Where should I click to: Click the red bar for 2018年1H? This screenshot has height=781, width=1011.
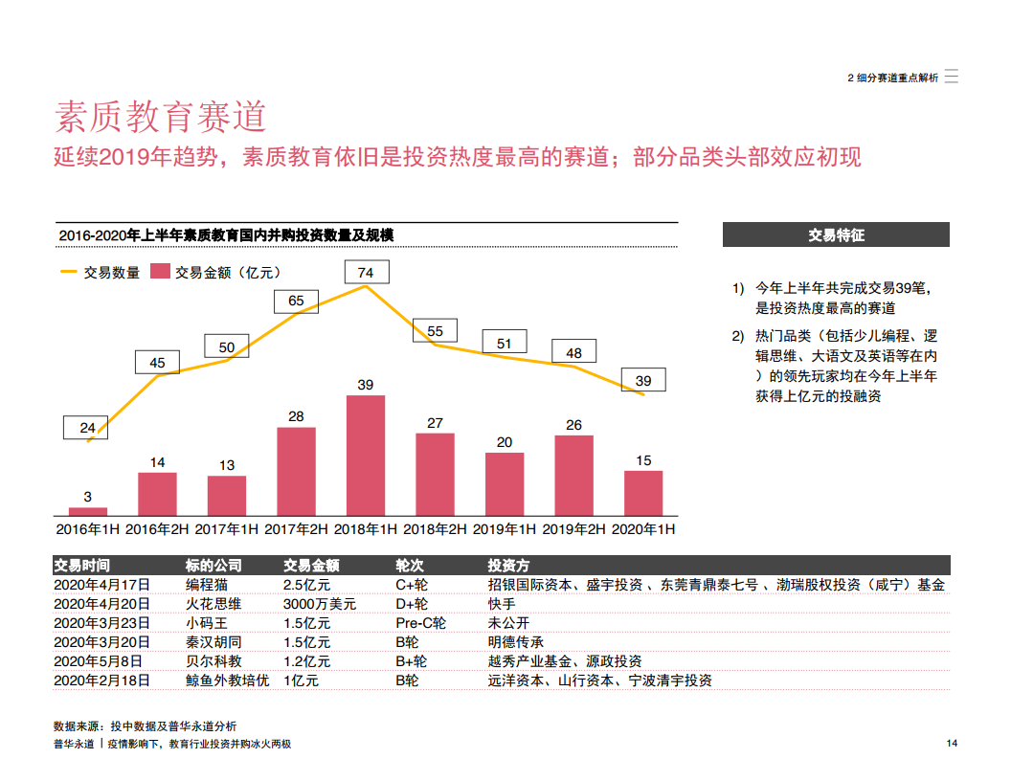click(365, 456)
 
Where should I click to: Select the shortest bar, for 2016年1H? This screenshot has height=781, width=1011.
click(88, 511)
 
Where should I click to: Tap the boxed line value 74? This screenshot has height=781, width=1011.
click(365, 273)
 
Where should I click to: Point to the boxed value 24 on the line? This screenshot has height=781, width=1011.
click(87, 428)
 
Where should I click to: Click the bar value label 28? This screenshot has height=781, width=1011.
click(296, 416)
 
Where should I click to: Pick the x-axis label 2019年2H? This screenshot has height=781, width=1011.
click(573, 528)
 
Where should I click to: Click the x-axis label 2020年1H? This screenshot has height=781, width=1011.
click(643, 528)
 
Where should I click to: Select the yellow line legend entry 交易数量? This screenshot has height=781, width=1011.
click(101, 273)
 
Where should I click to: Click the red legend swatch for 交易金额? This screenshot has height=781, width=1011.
click(160, 273)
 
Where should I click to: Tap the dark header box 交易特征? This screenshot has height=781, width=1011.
click(836, 234)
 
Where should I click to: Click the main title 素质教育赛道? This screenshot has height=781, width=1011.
click(160, 117)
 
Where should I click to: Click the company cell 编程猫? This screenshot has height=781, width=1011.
click(206, 585)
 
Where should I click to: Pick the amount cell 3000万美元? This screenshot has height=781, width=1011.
click(320, 604)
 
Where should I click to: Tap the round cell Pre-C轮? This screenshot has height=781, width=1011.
click(420, 623)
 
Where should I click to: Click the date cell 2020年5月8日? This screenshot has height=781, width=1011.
click(97, 661)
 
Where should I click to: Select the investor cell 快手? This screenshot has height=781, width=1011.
click(501, 604)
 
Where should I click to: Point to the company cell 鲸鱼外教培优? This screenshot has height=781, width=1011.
click(227, 681)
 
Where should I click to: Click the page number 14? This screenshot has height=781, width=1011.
click(952, 745)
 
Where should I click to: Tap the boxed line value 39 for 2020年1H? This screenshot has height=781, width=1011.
click(643, 381)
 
